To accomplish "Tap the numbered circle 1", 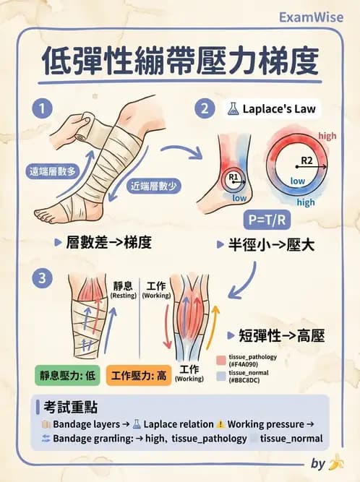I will tap(42, 109).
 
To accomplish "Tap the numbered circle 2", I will tap(205, 109).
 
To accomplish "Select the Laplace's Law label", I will tap(272, 110).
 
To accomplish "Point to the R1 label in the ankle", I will tap(233, 177).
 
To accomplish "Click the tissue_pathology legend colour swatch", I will tap(221, 359).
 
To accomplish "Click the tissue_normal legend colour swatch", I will tap(221, 376).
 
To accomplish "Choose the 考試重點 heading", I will tap(70, 408).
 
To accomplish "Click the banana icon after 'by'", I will tap(336, 462).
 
